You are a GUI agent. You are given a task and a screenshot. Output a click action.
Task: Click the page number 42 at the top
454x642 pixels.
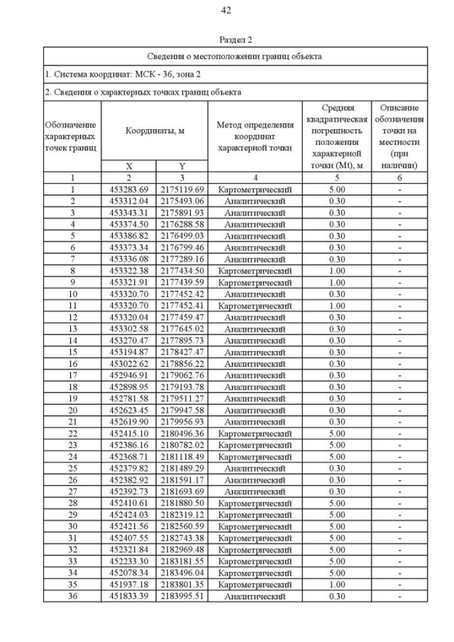[x=226, y=10]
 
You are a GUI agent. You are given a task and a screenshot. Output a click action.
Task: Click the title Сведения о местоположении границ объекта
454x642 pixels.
[x=235, y=56]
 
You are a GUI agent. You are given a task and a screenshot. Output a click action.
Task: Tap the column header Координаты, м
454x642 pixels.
[x=155, y=131]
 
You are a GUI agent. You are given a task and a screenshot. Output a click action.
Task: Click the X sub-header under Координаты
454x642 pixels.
[x=129, y=166]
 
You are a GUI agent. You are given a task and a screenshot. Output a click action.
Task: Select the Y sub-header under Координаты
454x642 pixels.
[x=182, y=166]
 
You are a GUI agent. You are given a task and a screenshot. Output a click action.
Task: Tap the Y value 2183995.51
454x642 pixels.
[x=182, y=597]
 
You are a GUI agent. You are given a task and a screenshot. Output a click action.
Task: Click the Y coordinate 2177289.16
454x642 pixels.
[x=182, y=260]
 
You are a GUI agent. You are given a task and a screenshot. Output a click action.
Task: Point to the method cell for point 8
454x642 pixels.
[x=255, y=271]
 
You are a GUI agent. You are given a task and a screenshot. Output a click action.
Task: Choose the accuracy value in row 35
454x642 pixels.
[x=336, y=585]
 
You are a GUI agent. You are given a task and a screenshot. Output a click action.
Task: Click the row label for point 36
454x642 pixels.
[x=72, y=597]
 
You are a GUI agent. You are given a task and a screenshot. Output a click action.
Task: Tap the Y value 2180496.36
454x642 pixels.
[x=182, y=433]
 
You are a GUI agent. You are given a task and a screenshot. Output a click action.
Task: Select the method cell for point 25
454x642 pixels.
[x=255, y=469]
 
